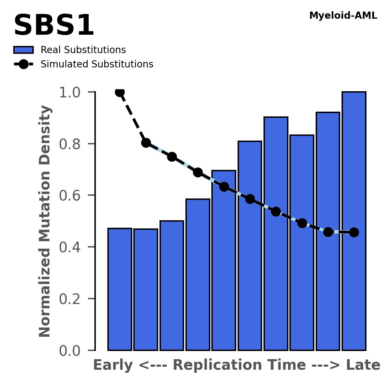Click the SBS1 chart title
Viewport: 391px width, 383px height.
coord(54,26)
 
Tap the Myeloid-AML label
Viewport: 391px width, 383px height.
coord(343,16)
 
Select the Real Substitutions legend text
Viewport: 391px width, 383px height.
coord(83,50)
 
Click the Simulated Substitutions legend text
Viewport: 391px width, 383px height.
coord(97,64)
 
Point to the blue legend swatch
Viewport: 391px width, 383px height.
coord(24,50)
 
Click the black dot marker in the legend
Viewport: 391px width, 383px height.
coord(24,64)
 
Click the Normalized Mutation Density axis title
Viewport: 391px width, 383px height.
coord(45,221)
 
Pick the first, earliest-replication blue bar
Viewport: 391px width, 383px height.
coord(120,289)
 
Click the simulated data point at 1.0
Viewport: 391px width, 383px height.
coord(120,92)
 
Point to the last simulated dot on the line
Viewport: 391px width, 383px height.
coord(354,232)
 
